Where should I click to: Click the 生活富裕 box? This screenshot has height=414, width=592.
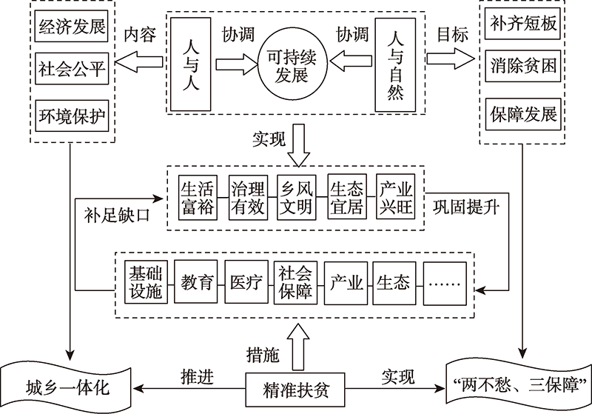(x=198, y=197)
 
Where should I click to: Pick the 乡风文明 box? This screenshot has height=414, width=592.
(x=296, y=197)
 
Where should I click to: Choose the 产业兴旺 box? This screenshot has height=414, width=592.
(x=394, y=197)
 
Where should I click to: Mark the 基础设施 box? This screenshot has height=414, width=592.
(x=144, y=282)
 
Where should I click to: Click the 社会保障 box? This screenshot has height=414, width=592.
(x=294, y=282)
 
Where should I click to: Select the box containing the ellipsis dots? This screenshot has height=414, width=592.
(x=445, y=282)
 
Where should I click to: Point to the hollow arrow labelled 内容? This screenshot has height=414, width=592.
(x=136, y=64)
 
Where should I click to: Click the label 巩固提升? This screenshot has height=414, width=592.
(x=465, y=207)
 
